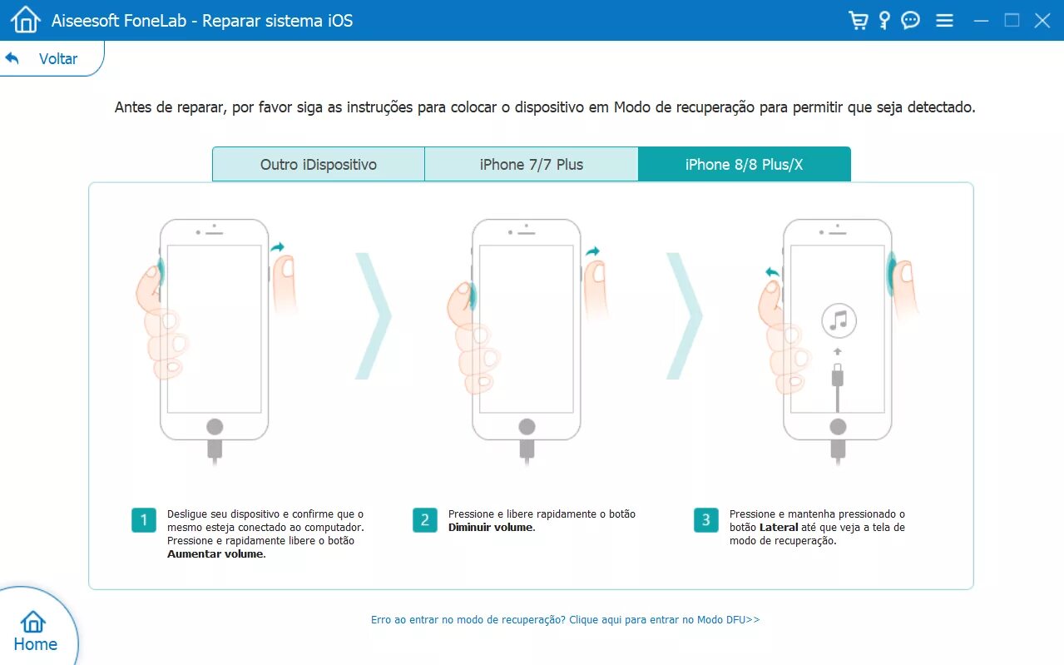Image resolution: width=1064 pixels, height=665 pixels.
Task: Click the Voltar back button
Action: pos(42,58)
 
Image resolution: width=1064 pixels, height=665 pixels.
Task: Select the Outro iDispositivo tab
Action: pos(319,165)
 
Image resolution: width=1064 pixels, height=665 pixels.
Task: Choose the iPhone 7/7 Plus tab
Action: pos(531,165)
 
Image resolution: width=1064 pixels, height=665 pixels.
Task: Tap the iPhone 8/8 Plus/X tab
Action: pos(745,165)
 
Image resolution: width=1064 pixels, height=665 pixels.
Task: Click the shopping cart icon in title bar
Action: pos(858,21)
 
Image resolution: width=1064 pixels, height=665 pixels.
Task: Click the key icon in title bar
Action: pos(884,21)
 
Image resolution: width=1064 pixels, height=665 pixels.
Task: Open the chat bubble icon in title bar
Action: pos(910,21)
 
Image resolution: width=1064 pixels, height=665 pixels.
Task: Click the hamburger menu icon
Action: pos(944,21)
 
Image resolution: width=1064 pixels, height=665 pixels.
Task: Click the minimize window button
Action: pos(981,21)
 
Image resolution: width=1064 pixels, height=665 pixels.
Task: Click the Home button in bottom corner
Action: pos(35,632)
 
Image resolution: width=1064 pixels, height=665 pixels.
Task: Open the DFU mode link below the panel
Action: pos(565,620)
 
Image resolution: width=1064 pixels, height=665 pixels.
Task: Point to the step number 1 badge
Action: pos(143,520)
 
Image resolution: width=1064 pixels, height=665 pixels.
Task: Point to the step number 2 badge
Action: pos(424,520)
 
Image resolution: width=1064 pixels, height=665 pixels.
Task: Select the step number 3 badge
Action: pos(705,520)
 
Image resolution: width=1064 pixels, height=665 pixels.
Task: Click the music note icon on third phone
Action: pos(839,320)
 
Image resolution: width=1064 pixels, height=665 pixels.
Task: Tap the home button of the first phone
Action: pos(215,426)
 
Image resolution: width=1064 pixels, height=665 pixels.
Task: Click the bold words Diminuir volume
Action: pos(492,527)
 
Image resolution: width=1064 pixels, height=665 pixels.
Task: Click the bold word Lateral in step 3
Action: pos(779,527)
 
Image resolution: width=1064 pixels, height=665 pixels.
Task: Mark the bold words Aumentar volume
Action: pos(216,553)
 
